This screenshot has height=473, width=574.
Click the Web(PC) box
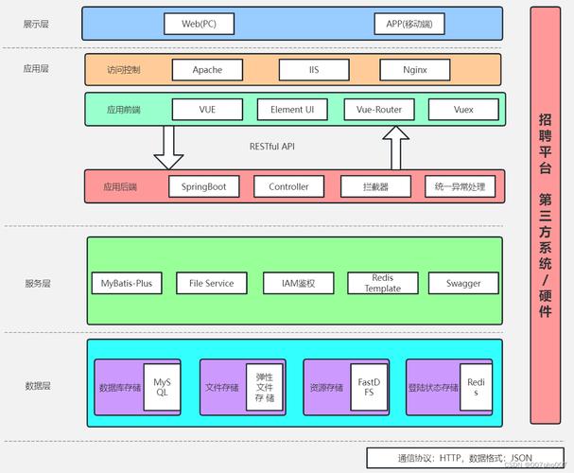point(199,23)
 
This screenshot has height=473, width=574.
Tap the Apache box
point(207,70)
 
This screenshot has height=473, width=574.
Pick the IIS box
point(314,70)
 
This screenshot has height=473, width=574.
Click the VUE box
point(207,110)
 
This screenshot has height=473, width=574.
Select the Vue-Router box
point(378,110)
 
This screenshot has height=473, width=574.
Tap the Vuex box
point(463,110)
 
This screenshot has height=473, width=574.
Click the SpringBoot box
point(203,186)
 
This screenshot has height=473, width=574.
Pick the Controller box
point(288,186)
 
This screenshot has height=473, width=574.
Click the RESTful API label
point(272,147)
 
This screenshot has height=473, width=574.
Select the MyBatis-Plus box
point(127,283)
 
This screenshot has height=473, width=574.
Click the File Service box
point(211,283)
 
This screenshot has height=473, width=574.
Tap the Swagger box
point(463,283)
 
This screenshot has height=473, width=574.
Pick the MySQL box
point(162,386)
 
